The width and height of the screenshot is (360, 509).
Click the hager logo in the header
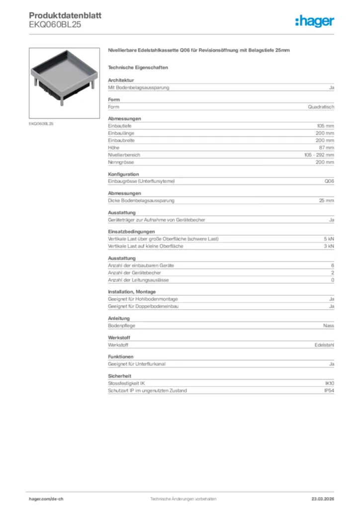tap(314, 21)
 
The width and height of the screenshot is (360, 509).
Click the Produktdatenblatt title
tap(65, 15)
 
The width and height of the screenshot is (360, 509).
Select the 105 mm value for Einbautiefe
tap(326, 126)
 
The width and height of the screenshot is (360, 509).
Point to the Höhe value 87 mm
tap(327, 148)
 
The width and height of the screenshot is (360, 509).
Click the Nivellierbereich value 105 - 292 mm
tap(319, 155)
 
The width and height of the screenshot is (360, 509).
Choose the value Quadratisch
tap(321, 107)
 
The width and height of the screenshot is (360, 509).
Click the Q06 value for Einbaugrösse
tap(329, 181)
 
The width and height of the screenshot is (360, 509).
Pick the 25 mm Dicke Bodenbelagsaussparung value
tap(327, 201)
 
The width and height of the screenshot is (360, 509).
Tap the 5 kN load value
tap(329, 239)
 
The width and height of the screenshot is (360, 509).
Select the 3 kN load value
tap(329, 246)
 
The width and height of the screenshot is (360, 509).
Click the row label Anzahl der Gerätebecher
tap(134, 273)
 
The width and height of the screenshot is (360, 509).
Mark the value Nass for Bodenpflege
tap(328, 326)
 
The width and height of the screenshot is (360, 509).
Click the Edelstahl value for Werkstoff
tap(324, 345)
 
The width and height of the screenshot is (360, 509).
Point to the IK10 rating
tap(329, 384)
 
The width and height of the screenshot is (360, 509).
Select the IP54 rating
tap(329, 391)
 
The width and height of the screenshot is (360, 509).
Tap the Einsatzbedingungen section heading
tap(131, 232)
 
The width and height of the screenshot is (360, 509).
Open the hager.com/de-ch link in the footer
tap(46, 499)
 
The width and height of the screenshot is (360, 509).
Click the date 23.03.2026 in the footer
tap(322, 499)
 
